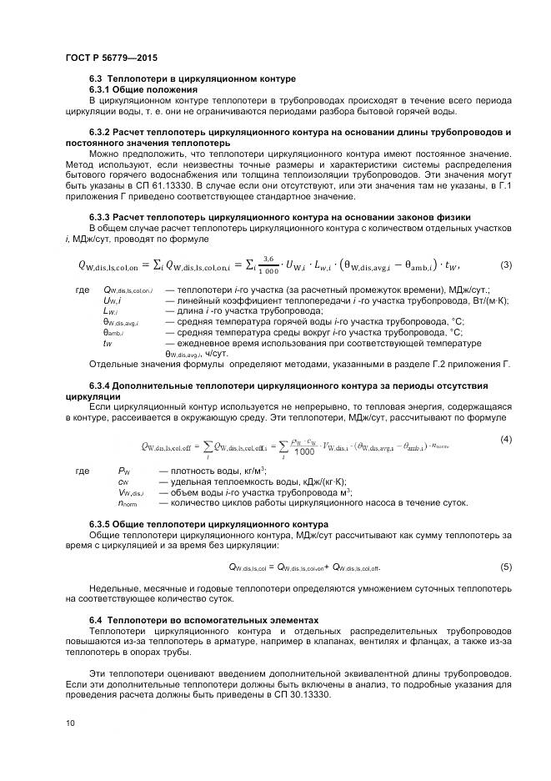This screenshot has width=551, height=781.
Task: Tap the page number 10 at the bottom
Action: (69, 723)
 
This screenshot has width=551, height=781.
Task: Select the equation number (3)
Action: (505, 265)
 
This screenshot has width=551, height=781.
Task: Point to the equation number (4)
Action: (505, 439)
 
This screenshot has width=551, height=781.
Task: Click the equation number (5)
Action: (505, 567)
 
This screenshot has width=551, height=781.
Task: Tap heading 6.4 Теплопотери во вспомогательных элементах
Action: (203, 620)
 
